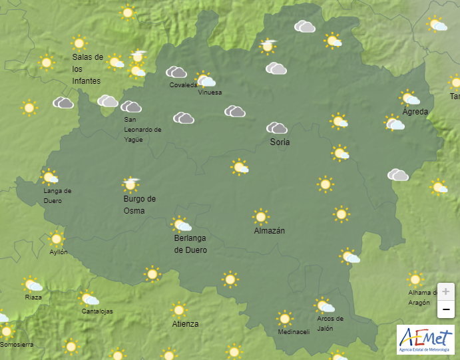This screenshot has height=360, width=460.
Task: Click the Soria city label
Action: tap(280, 142)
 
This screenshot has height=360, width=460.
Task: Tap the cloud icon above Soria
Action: tap(276, 128)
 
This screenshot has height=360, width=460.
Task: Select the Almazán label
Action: tap(270, 231)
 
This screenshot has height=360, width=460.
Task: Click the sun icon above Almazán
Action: tap(260, 216)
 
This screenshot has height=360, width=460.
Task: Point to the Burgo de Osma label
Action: tap(139, 204)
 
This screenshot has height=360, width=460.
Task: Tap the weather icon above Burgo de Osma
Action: tap(131, 183)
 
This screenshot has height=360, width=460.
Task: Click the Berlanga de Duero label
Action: tap(190, 244)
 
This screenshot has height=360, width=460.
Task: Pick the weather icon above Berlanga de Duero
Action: tap(181, 224)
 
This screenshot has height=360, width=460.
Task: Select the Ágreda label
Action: tap(415, 111)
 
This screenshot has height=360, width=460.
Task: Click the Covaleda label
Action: tap(183, 85)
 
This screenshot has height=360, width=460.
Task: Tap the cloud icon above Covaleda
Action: tap(176, 72)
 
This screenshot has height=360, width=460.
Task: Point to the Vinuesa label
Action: tap(210, 92)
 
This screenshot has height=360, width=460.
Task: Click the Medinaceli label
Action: tap(293, 332)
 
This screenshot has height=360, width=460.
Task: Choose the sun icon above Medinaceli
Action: tap(285, 318)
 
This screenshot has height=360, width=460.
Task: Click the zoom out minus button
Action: tap(445, 309)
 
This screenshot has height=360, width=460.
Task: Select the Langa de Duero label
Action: tap(57, 196)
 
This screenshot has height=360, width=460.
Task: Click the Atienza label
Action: tap(185, 324)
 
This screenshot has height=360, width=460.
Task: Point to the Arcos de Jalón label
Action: tap(330, 323)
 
